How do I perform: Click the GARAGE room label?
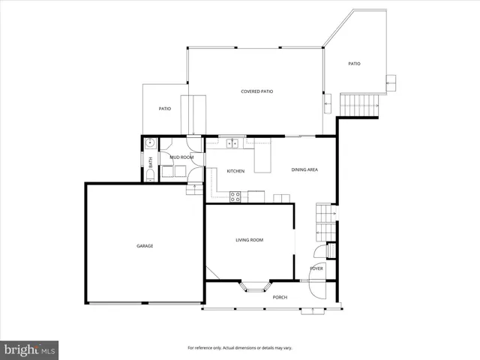(145, 246)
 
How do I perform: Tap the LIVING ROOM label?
(250, 240)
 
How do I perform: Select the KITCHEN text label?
(235, 171)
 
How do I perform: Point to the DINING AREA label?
(305, 169)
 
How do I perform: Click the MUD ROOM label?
(181, 157)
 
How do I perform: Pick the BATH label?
(150, 160)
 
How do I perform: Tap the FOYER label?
(317, 268)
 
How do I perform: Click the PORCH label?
(280, 297)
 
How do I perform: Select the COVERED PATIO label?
(256, 91)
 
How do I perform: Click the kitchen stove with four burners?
(235, 196)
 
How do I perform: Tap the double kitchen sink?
(232, 142)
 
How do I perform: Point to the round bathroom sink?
(150, 143)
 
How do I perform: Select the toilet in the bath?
(150, 175)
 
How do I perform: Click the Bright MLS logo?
(30, 349)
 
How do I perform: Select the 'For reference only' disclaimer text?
(240, 348)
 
